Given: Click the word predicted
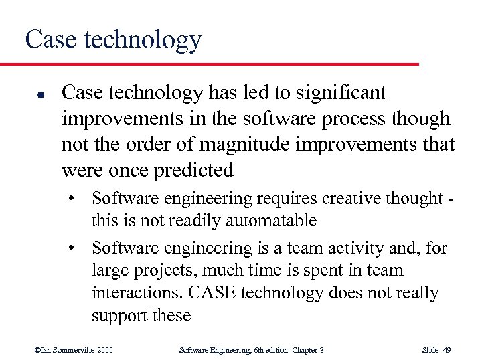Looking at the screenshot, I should tap(195, 171).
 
